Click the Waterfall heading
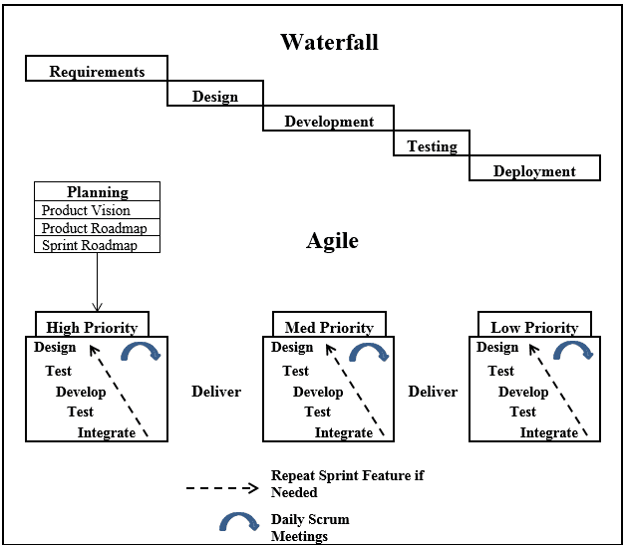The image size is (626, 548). pyautogui.click(x=329, y=42)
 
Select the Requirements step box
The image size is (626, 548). pyautogui.click(x=97, y=68)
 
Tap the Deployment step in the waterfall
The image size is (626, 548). pyautogui.click(x=534, y=168)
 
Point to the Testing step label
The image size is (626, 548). pyautogui.click(x=432, y=146)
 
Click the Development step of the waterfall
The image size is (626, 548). pyautogui.click(x=329, y=119)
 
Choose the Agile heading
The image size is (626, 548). pyautogui.click(x=332, y=241)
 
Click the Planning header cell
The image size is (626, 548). pyautogui.click(x=97, y=191)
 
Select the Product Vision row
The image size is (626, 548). pyautogui.click(x=97, y=210)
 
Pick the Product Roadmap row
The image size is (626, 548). pyautogui.click(x=97, y=227)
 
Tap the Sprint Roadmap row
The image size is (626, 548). pyautogui.click(x=97, y=245)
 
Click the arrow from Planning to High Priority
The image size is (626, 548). pyautogui.click(x=97, y=282)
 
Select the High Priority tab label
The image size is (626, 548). pyautogui.click(x=92, y=328)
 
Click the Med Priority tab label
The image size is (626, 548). pyautogui.click(x=329, y=328)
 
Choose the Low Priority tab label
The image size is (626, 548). pyautogui.click(x=534, y=328)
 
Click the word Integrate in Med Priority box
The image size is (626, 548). pyautogui.click(x=344, y=432)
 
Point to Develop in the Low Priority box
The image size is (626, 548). pyautogui.click(x=523, y=392)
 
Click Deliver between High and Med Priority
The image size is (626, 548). pyautogui.click(x=216, y=392)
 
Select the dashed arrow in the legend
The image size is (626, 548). pyautogui.click(x=222, y=488)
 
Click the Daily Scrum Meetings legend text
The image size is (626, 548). pyautogui.click(x=310, y=528)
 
